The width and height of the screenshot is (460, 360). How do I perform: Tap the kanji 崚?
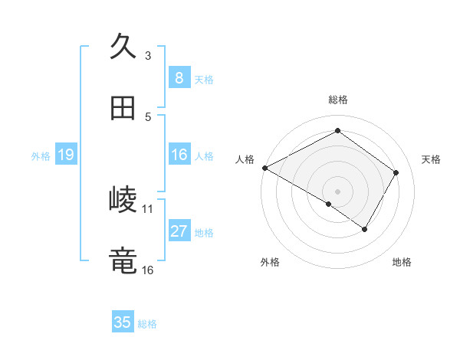coord(123,199)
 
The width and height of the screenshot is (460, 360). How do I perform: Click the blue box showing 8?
coord(179,77)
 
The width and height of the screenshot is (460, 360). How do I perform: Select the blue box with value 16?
coord(179,155)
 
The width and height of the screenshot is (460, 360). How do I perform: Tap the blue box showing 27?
coord(179,232)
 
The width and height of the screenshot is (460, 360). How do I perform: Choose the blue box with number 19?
coord(65,155)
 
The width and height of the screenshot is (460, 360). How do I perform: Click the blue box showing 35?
coord(123,322)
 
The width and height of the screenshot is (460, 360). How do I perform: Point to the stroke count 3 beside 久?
coord(148,55)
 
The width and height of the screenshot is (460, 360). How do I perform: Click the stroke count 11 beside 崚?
coord(148,208)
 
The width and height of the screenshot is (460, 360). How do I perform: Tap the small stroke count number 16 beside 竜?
coord(148,270)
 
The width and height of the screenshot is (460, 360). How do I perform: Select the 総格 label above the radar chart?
coord(338,100)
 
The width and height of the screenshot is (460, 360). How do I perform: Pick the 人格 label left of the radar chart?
coord(245,159)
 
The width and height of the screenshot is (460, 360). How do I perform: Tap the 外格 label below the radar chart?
coord(270,262)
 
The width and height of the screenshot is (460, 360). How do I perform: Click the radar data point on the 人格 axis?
coord(264,168)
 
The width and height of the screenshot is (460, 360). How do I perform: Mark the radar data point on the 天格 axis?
coord(396,173)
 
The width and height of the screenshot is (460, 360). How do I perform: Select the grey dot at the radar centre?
coord(337,191)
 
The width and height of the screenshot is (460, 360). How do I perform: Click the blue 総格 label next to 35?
coord(147,323)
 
